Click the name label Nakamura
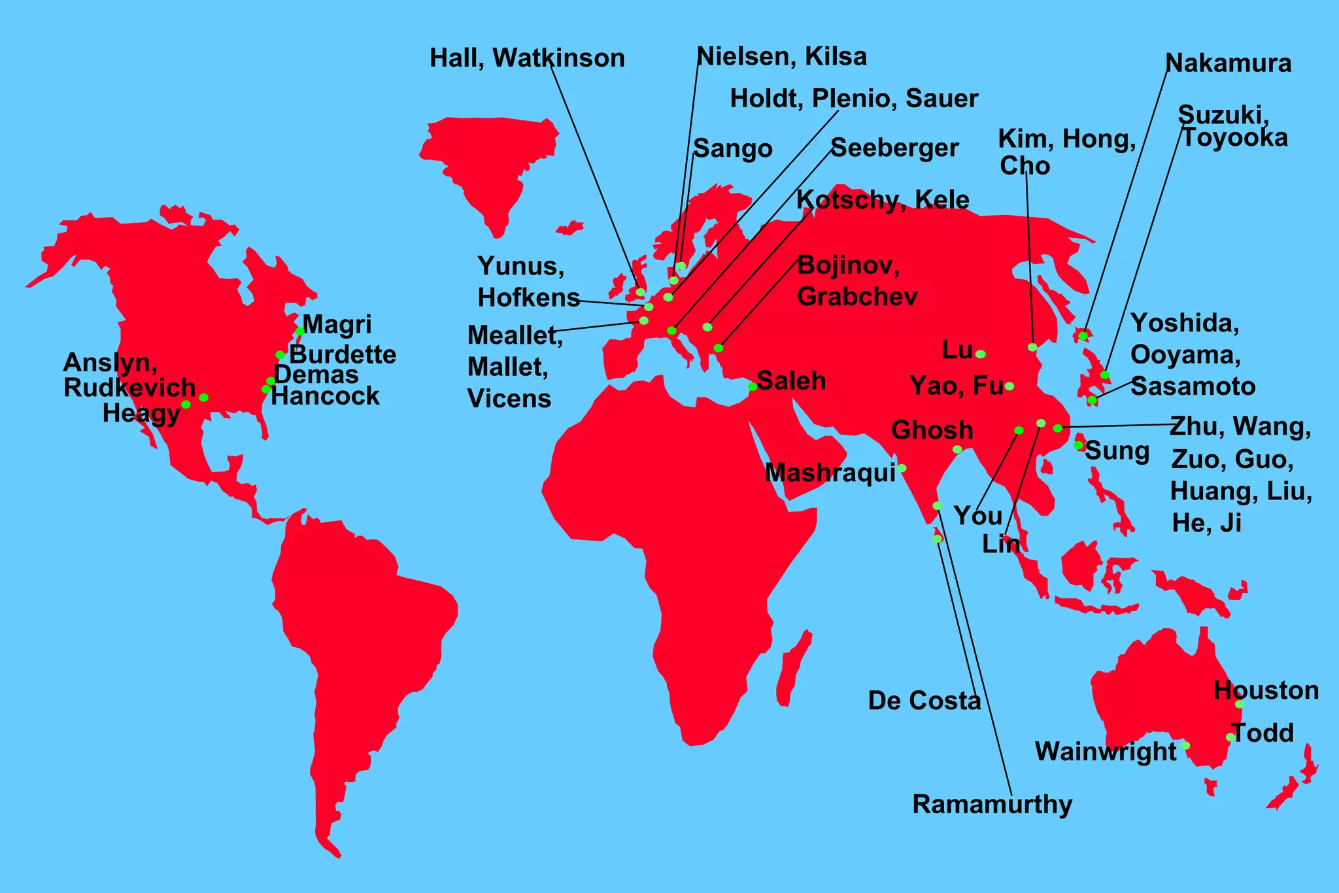click(x=1229, y=63)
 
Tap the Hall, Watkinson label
click(x=527, y=58)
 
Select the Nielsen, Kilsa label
click(x=782, y=56)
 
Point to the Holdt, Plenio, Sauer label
click(x=854, y=99)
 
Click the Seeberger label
click(x=894, y=148)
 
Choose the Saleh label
click(x=792, y=380)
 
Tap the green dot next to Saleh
click(x=753, y=387)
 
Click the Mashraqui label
click(x=830, y=473)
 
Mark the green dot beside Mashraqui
click(x=902, y=468)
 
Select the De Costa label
click(x=924, y=701)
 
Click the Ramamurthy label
click(x=992, y=804)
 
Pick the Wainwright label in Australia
click(x=1106, y=752)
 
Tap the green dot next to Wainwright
click(x=1185, y=746)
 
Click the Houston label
click(x=1266, y=690)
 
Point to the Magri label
click(x=337, y=324)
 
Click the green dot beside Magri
click(x=299, y=331)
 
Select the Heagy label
click(x=141, y=414)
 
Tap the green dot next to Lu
click(x=981, y=354)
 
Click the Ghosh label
click(x=932, y=430)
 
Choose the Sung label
click(x=1117, y=451)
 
